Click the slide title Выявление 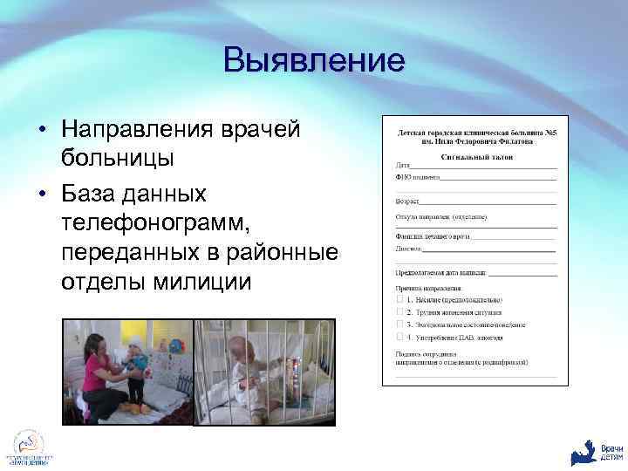click(x=314, y=60)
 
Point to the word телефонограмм click(x=155, y=221)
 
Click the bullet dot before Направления click(x=42, y=130)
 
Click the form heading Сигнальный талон click(x=476, y=157)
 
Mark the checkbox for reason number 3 click(x=399, y=324)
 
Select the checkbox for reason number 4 click(x=399, y=336)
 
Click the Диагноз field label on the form click(x=409, y=249)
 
